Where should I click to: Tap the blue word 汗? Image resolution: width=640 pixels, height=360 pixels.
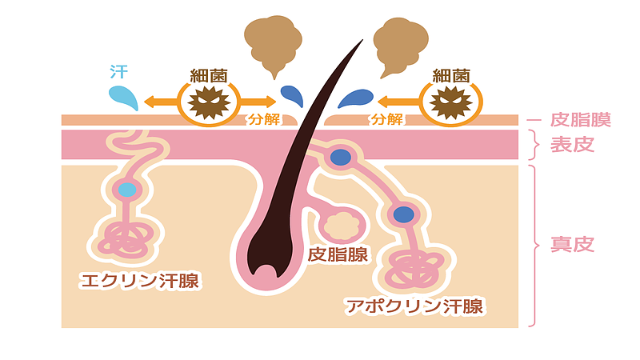point(118,71)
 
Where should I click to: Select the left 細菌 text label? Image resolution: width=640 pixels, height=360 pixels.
point(210,76)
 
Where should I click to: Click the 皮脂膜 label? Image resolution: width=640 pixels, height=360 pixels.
point(581,120)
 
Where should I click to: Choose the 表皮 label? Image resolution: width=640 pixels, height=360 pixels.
point(572,145)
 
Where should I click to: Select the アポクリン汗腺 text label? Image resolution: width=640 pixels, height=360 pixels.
point(415,306)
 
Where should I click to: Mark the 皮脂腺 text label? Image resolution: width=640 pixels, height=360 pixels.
point(338,255)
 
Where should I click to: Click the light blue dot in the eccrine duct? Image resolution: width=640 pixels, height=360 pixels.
point(126,190)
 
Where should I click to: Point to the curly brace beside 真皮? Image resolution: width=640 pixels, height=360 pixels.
point(533,245)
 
